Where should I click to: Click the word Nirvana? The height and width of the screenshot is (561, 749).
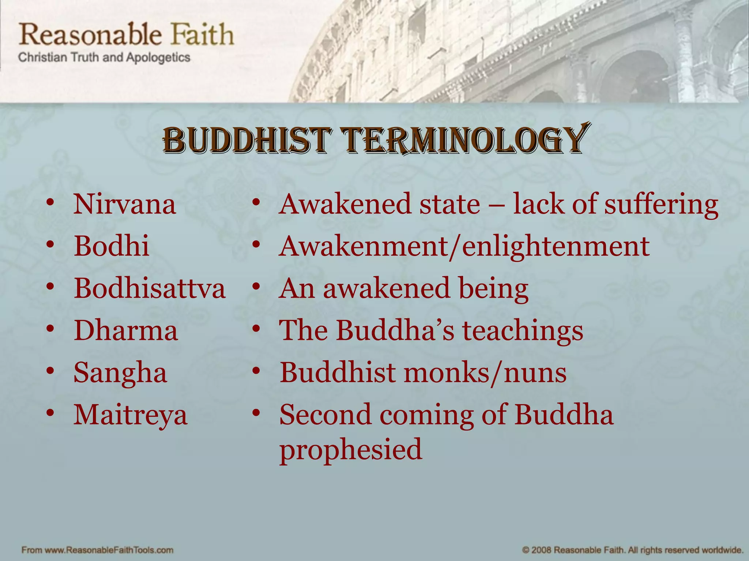pos(124,204)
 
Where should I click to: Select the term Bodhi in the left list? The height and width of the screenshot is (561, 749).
pos(112,246)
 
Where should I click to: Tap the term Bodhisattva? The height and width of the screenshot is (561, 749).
pos(150,288)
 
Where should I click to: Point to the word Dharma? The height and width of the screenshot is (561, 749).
pos(126,331)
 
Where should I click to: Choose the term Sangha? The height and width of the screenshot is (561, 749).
pos(120,373)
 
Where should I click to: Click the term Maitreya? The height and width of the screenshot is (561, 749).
pos(130,415)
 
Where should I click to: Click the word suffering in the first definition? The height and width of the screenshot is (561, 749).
pos(661,204)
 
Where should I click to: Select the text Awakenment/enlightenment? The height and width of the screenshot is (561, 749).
pos(464,247)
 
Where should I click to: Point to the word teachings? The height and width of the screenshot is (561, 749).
pos(523,331)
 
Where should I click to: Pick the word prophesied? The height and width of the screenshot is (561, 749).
pos(351,449)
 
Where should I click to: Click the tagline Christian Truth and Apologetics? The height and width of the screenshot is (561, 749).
pos(104,58)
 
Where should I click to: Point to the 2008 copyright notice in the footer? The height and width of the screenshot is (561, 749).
pos(632,550)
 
